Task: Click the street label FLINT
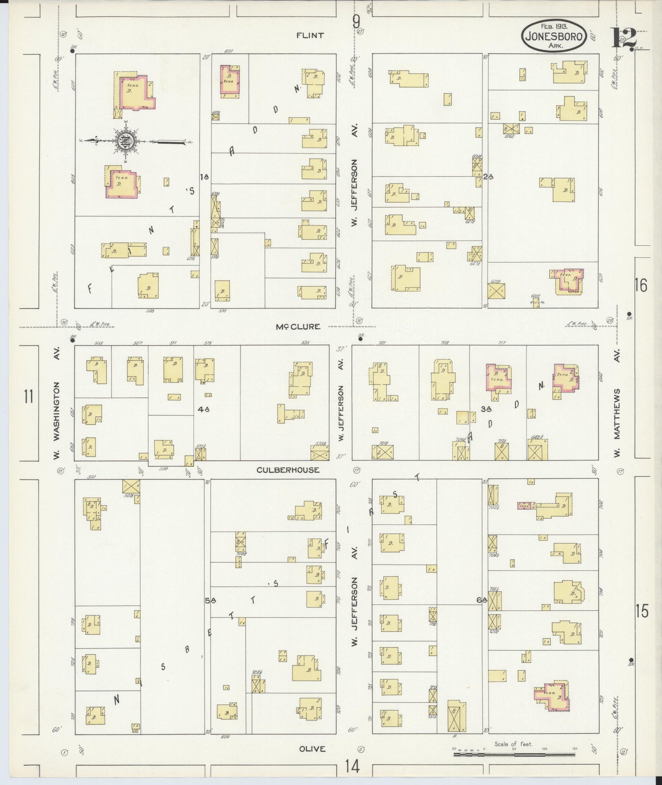coord(310,36)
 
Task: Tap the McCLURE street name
coord(298,327)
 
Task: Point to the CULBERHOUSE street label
coord(288,470)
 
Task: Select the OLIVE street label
coord(312,749)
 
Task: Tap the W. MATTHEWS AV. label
coord(617,407)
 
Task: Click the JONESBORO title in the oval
coord(553,37)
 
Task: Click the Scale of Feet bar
coord(514,754)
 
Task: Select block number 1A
coord(204,177)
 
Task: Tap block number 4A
coord(203,410)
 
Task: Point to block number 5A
coord(211,600)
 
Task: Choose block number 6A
coord(481,600)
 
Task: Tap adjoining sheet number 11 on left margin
coord(29,397)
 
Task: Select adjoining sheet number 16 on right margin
coord(641,286)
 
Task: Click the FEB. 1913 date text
coord(554,26)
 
